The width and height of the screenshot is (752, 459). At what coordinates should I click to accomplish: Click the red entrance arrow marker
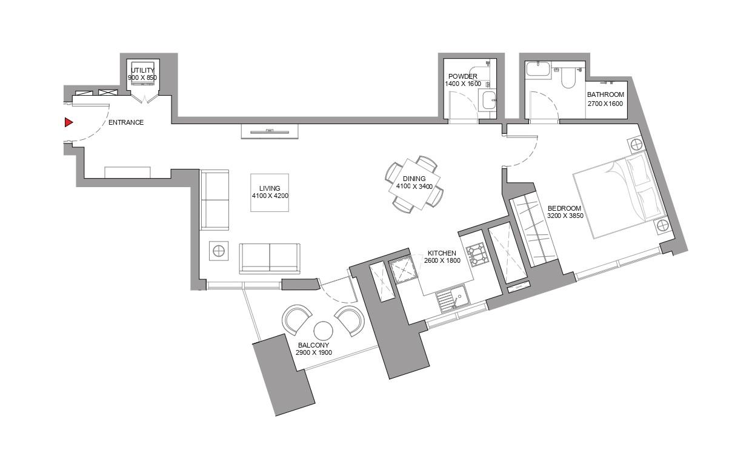click(x=68, y=122)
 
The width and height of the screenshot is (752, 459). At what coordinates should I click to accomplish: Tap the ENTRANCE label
click(x=126, y=122)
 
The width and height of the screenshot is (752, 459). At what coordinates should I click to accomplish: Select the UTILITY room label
click(x=142, y=70)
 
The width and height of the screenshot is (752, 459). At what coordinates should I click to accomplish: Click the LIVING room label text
click(x=270, y=188)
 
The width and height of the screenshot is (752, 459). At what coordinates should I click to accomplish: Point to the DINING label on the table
click(x=414, y=179)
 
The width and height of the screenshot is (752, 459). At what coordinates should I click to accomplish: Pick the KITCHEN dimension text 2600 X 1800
click(x=442, y=261)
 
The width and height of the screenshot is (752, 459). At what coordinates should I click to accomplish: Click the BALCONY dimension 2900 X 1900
click(x=313, y=352)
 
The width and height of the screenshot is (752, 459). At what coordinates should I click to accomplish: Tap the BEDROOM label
click(x=564, y=208)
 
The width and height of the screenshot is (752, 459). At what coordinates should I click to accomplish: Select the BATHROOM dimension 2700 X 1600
click(x=605, y=104)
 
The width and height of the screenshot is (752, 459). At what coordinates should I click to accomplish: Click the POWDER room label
click(x=463, y=76)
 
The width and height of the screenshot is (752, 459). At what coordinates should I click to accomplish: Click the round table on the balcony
click(x=323, y=331)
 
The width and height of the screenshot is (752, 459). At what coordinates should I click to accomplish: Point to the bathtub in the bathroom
click(x=538, y=69)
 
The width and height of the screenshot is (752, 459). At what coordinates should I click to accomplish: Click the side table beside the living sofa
click(x=219, y=251)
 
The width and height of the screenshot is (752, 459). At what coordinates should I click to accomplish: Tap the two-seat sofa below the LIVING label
click(x=270, y=258)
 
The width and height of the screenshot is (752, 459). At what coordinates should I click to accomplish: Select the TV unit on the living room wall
click(x=270, y=131)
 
